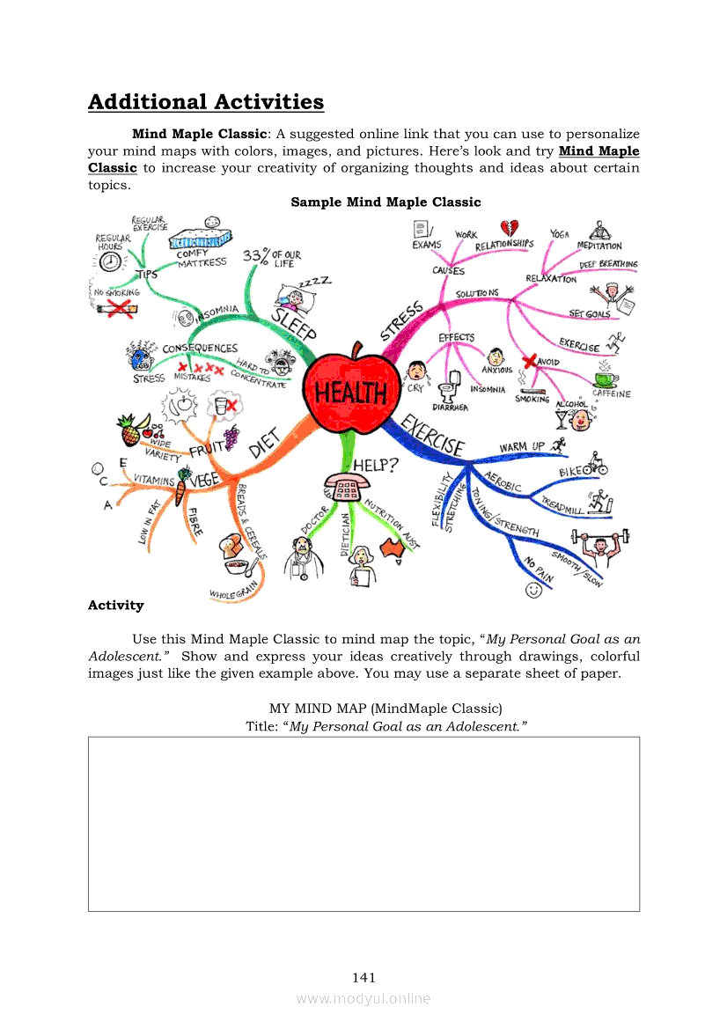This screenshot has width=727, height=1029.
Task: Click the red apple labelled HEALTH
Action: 346,386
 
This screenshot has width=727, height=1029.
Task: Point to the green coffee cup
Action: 605,379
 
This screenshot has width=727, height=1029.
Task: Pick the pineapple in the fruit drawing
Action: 129,430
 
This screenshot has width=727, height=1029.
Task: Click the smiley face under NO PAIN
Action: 532,590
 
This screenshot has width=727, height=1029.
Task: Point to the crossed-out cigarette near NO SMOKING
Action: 117,307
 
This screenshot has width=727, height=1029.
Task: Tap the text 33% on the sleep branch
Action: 255,255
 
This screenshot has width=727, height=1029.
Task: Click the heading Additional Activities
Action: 206,102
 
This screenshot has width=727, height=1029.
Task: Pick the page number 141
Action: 363,977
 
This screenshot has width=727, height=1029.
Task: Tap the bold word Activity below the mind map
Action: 115,605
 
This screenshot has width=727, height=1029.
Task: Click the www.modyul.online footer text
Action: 363,998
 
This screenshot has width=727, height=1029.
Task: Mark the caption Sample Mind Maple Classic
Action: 386,202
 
